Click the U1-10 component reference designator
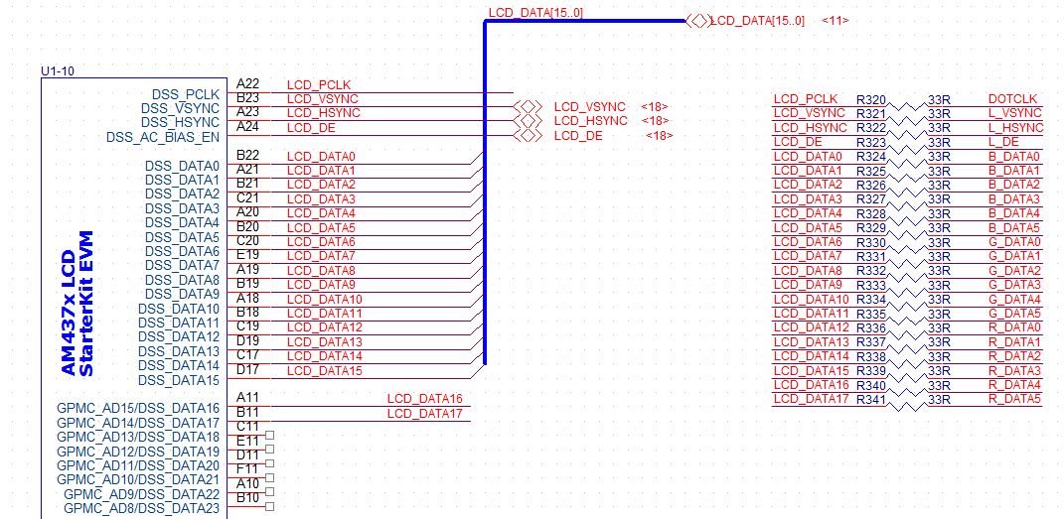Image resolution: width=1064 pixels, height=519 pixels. (56, 71)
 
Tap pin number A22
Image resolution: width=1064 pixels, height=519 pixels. (247, 84)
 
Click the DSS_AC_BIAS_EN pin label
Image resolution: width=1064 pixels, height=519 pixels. (162, 137)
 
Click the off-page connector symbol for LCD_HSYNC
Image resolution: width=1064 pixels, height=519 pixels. (528, 121)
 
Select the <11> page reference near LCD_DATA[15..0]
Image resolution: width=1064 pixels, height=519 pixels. (835, 21)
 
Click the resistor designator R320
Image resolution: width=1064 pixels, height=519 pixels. (870, 99)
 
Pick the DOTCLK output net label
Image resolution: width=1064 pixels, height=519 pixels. (1012, 99)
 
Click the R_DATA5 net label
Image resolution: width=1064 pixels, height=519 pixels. (1014, 399)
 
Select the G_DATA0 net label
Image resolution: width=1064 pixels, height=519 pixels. (1014, 242)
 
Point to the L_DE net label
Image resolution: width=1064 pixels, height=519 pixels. (1003, 142)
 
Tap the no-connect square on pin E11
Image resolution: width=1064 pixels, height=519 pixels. (269, 435)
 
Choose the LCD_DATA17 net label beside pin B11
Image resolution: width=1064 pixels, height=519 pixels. (424, 413)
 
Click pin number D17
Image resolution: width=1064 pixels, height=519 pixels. (247, 369)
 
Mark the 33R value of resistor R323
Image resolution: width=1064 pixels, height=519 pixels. (939, 142)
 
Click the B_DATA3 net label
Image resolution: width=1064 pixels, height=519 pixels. (1014, 199)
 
